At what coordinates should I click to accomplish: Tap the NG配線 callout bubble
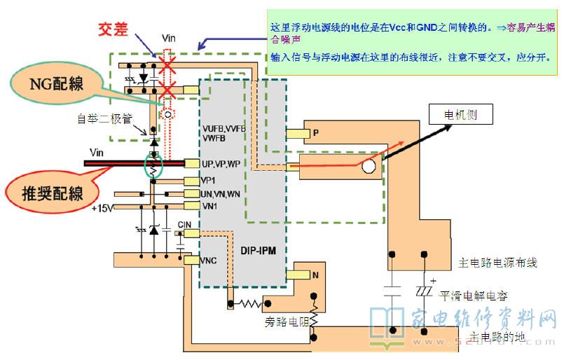tap(57, 85)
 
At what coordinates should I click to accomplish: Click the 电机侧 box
tap(460, 114)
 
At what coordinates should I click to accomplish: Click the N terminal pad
tap(303, 275)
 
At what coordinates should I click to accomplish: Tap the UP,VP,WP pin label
tap(221, 163)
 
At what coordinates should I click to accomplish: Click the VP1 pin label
tap(209, 180)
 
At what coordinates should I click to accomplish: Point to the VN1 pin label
tap(210, 206)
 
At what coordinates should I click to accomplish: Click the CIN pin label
tap(184, 225)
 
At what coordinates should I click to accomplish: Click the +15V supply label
tap(102, 207)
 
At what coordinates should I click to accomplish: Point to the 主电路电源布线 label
tap(498, 263)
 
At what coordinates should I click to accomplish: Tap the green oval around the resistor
tap(152, 165)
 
